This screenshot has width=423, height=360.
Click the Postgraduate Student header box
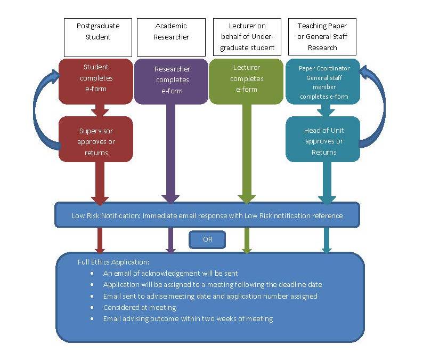point(97,37)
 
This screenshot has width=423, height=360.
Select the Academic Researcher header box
point(171,37)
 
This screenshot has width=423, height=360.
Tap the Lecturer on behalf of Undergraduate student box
point(247,37)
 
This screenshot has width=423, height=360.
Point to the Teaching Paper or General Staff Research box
point(322,37)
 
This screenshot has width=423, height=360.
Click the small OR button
point(207,239)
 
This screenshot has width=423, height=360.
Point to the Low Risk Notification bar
point(207,215)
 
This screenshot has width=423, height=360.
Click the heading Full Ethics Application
point(113,262)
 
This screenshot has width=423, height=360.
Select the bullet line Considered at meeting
point(140,307)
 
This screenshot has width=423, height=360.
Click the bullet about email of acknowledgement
point(170,273)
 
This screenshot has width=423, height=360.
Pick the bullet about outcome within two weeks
point(188,318)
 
